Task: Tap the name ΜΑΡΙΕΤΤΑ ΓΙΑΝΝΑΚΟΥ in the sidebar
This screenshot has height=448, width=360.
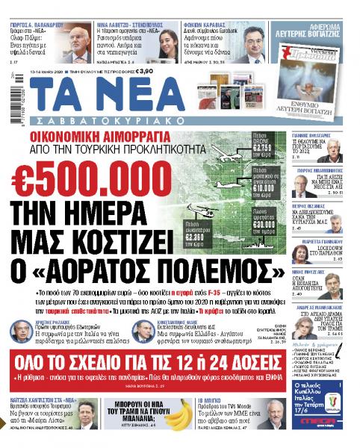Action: [323, 253]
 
